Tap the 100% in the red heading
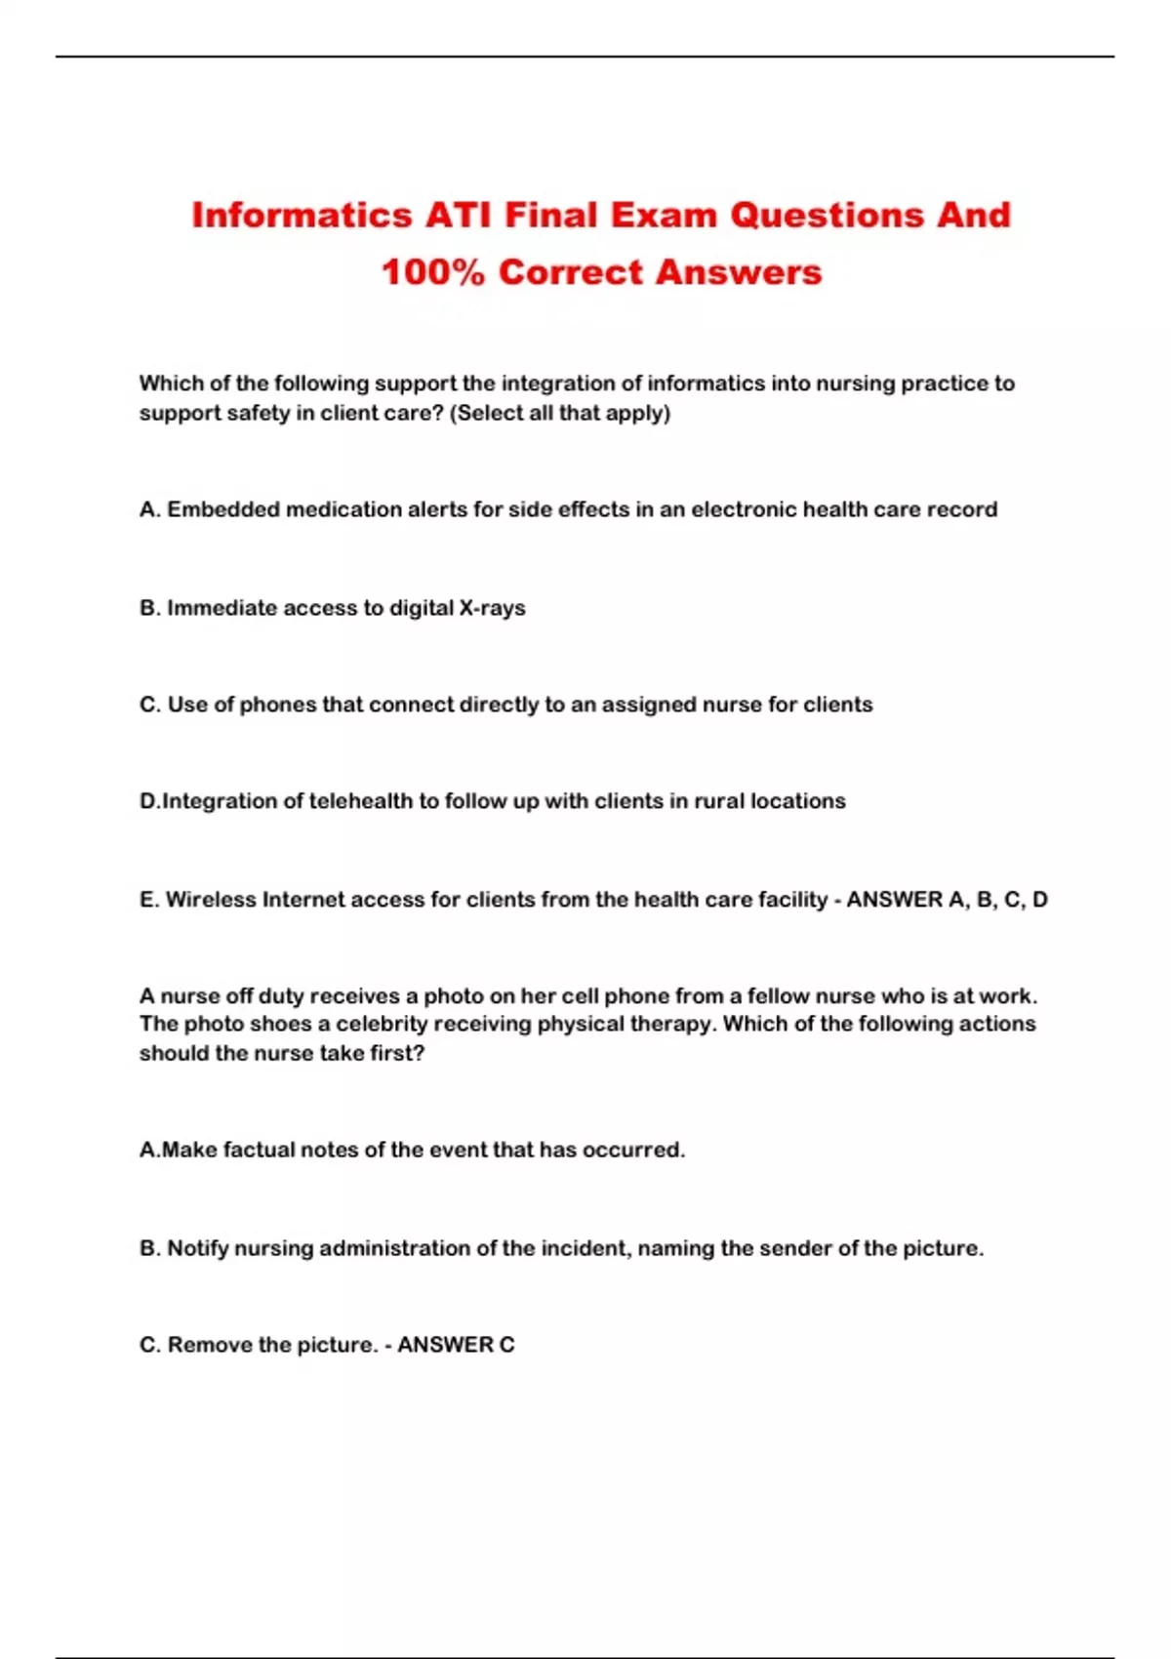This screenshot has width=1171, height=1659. pyautogui.click(x=432, y=272)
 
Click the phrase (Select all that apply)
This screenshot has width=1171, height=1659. pyautogui.click(x=560, y=413)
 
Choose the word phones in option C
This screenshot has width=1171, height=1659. pyautogui.click(x=278, y=705)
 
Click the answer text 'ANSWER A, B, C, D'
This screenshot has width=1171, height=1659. pyautogui.click(x=947, y=900)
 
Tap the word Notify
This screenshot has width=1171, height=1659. pyautogui.click(x=198, y=1249)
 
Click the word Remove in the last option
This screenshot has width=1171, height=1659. pyautogui.click(x=210, y=1346)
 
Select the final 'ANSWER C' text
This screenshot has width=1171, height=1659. pyautogui.click(x=456, y=1346)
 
